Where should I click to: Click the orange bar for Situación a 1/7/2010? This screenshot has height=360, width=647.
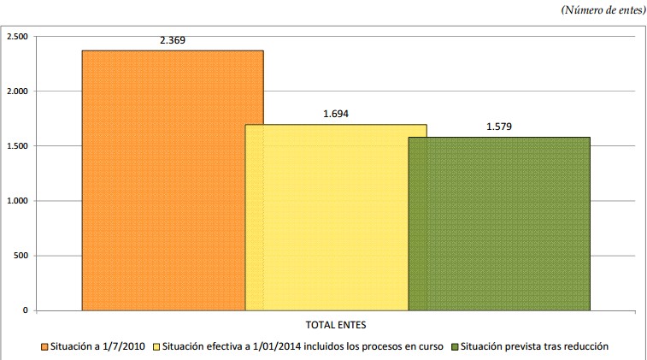pos(162,180)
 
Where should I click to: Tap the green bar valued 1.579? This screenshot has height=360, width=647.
pos(498,222)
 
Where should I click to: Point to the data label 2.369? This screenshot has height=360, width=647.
pos(173,40)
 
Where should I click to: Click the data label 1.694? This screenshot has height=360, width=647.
pos(335,114)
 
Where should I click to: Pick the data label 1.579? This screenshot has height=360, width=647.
pos(498,127)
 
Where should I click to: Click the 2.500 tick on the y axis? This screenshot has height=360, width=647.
pos(18,37)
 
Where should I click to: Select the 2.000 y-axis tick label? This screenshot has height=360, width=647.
pos(18,91)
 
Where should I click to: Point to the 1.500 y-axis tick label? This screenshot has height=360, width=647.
pos(18,146)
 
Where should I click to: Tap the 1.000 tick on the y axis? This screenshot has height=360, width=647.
pos(18,201)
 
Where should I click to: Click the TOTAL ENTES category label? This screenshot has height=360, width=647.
pos(335,325)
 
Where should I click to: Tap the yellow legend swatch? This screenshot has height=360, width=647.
pos(156,346)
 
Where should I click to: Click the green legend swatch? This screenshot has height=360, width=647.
pos(456,346)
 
